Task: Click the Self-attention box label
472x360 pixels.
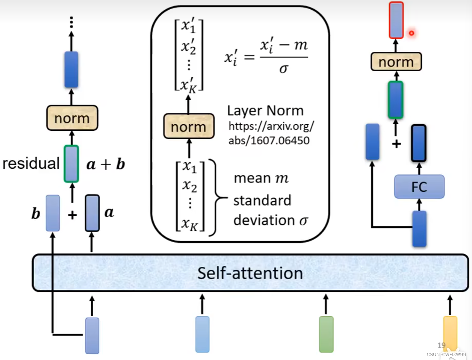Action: click(x=250, y=273)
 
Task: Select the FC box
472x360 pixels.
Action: click(x=419, y=187)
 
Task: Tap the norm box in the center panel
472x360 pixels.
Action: click(x=188, y=127)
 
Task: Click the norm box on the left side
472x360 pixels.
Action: click(x=72, y=118)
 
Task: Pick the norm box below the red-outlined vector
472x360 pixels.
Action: click(x=396, y=62)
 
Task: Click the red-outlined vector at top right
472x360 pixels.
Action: click(x=396, y=20)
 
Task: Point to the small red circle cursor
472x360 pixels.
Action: click(x=411, y=33)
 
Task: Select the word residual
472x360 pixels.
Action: click(x=31, y=164)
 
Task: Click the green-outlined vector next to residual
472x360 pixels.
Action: click(x=72, y=164)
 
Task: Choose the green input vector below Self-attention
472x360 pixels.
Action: click(x=326, y=334)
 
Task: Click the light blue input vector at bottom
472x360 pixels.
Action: click(x=202, y=334)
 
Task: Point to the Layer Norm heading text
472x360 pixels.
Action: click(x=265, y=111)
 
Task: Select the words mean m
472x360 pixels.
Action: click(x=261, y=178)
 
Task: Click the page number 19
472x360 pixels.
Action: click(x=441, y=345)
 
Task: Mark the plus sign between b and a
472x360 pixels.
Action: click(x=72, y=215)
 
